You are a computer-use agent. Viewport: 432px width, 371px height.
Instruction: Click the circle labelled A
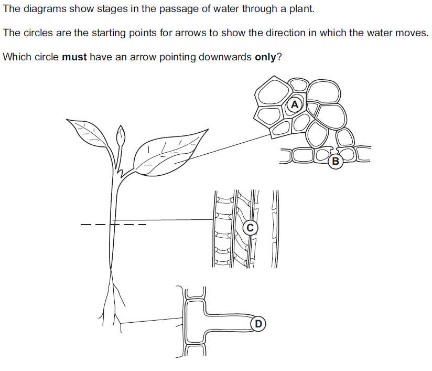click(x=295, y=105)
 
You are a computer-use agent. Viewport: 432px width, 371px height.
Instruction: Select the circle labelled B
click(x=336, y=161)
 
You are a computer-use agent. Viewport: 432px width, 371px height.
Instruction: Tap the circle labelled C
click(x=250, y=228)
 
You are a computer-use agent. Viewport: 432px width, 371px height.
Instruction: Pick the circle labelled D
click(x=258, y=324)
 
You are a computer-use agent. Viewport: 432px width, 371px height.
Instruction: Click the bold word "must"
click(x=74, y=57)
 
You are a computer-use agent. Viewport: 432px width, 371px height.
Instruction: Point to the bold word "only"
click(x=265, y=57)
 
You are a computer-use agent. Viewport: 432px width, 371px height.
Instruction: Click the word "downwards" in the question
click(x=225, y=57)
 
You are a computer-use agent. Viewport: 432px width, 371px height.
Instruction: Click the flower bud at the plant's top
click(x=121, y=136)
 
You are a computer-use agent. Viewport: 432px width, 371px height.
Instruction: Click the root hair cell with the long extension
click(x=218, y=322)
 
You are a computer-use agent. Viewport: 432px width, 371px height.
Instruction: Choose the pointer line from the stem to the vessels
click(x=163, y=220)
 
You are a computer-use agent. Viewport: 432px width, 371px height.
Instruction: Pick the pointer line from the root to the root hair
click(x=152, y=321)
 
